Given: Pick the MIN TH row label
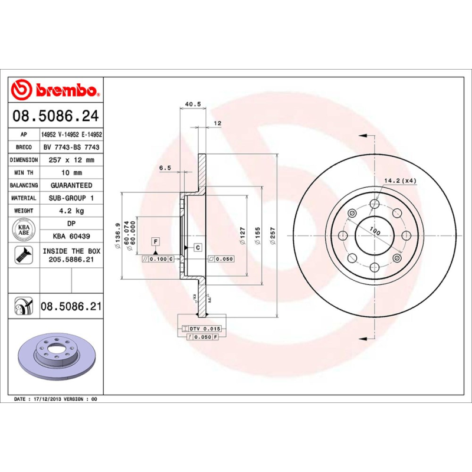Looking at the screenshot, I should coord(24,173).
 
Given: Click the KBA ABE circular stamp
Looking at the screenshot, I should coord(25,230).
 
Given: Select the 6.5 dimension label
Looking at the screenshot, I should coord(165,168).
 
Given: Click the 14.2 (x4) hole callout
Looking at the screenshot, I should coord(400,181).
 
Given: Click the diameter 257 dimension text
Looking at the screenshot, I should coord(272,236).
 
